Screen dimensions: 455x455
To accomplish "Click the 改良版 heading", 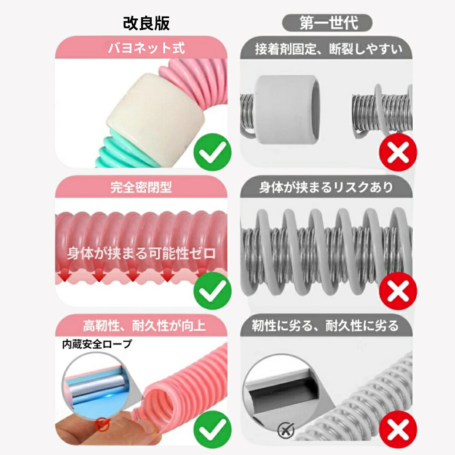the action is [146, 23].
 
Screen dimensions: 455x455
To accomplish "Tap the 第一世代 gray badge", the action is [327, 23].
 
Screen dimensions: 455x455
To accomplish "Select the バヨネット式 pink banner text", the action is [146, 48].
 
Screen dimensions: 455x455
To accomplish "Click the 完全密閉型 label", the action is [141, 187].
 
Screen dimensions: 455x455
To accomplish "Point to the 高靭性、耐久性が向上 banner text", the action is [144, 326].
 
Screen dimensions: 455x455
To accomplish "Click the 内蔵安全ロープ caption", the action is [97, 344].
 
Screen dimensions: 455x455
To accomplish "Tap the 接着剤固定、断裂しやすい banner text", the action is [329, 49].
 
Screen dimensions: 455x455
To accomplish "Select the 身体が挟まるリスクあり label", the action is [326, 187].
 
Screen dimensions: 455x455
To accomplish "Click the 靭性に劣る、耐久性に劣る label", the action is [325, 326].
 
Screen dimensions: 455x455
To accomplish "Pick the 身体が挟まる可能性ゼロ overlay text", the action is [141, 253].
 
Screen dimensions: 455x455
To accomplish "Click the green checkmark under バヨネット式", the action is [212, 152].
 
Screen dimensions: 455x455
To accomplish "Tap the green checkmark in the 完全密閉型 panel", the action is [212, 291].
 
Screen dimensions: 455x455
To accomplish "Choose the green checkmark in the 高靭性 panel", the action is [212, 429].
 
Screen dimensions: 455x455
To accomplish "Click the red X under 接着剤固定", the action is [398, 152].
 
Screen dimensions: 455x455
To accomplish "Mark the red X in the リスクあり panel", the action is [398, 291].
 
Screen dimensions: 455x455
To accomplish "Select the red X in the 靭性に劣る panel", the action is [398, 429].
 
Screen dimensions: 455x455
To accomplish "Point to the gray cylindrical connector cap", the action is [287, 110].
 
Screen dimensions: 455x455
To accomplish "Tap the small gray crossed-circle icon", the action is [286, 430].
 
